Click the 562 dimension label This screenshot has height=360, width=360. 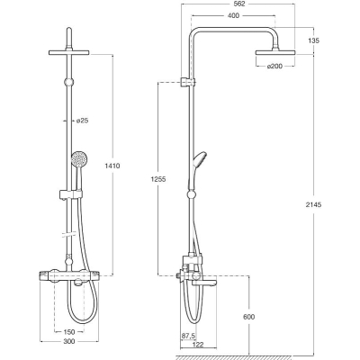tap(238, 4)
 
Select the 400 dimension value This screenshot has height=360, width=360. tap(233, 15)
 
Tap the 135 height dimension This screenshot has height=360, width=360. tap(313, 40)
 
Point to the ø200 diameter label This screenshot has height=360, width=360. tap(274, 66)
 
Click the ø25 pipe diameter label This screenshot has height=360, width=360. tap(82, 121)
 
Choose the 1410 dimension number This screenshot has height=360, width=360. tap(112, 166)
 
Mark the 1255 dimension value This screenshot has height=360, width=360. tap(157, 179)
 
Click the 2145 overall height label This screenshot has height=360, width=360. tap(313, 205)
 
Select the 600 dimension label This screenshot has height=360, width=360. tap(248, 317)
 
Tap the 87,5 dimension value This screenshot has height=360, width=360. tap(189, 336)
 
